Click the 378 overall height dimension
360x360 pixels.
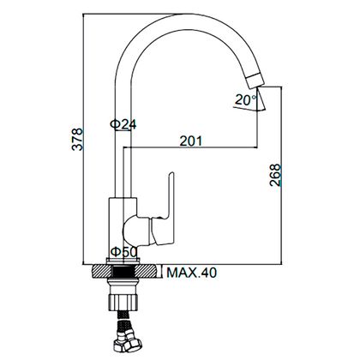point(77,139)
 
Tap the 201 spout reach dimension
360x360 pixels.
point(190,141)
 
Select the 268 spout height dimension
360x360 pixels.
point(275,175)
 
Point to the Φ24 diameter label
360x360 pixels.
point(123,124)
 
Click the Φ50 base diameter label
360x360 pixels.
point(124,252)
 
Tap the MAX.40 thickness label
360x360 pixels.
point(191,273)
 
